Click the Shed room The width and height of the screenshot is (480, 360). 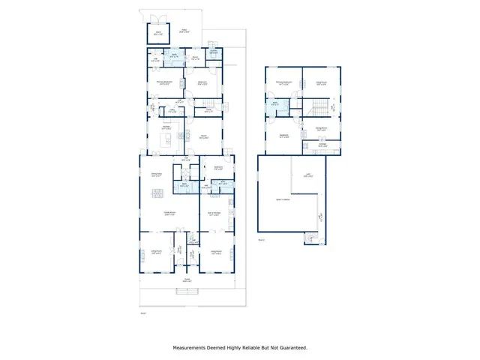point(157,33)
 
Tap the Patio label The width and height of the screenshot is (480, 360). point(184,31)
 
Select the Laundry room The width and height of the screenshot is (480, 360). point(214,52)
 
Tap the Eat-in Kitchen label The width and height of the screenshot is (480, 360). point(214,214)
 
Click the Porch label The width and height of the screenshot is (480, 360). point(187,280)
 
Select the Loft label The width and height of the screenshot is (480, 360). point(308,176)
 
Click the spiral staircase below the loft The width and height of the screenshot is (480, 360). point(311,238)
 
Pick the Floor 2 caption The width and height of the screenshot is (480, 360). point(262,240)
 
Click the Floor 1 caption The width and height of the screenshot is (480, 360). point(143,313)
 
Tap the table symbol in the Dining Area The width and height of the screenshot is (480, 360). point(158,193)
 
